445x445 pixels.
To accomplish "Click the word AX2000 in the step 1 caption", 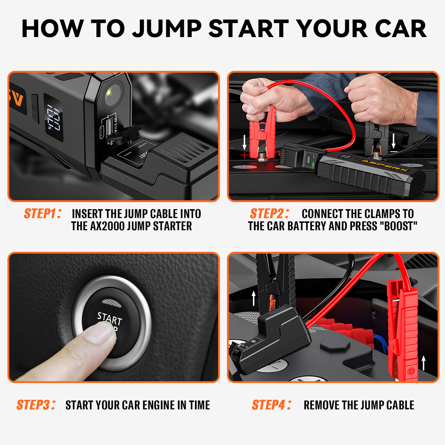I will click(104, 226).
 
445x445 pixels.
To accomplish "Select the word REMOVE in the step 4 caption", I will click(321, 405).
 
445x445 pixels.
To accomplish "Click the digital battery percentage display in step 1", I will click(54, 117).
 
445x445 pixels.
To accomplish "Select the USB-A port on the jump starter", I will click(109, 128).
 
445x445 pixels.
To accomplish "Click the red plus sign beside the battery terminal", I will click(244, 155).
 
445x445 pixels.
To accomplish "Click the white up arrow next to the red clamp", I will click(423, 362).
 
